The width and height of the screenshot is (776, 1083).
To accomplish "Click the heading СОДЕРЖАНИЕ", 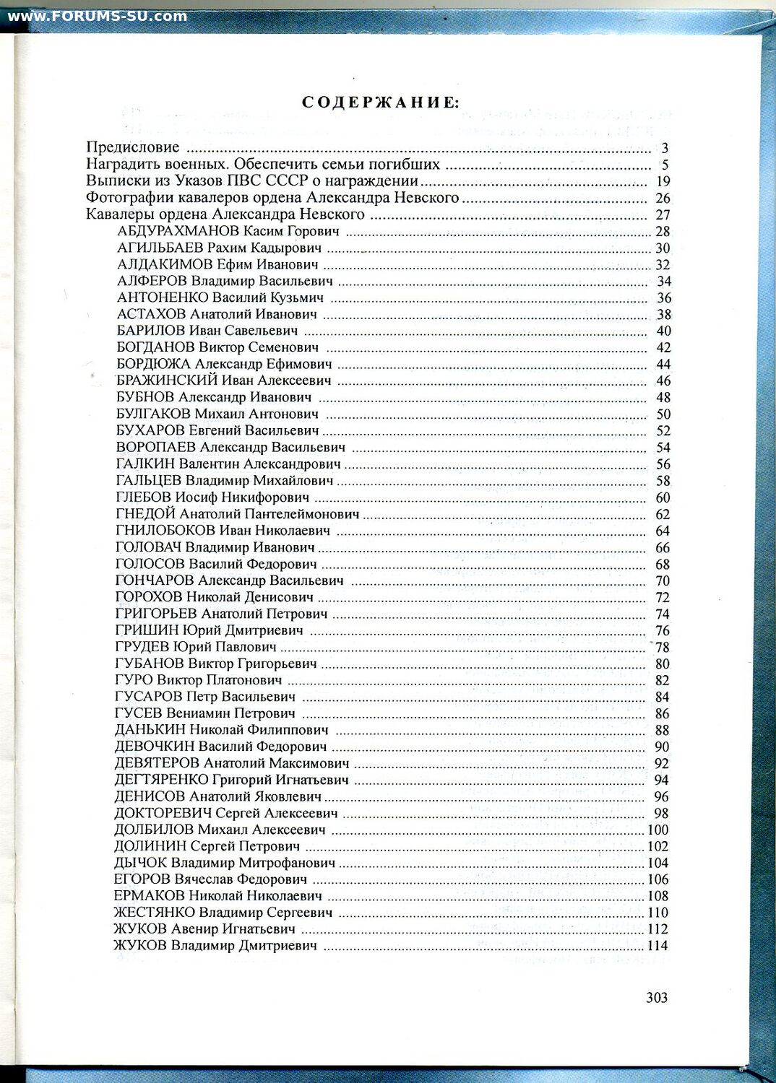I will pyautogui.click(x=380, y=103).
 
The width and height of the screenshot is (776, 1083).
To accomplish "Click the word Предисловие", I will pyautogui.click(x=133, y=148).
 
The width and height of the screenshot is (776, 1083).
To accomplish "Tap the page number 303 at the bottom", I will pyautogui.click(x=657, y=998).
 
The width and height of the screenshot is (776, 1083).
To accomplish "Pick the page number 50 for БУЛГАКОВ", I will pyautogui.click(x=663, y=414).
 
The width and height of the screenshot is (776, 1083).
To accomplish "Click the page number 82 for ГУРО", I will pyautogui.click(x=663, y=681).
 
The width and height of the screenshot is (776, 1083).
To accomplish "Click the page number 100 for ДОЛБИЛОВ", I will pyautogui.click(x=658, y=830).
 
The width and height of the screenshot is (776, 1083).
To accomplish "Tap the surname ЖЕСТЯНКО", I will pyautogui.click(x=154, y=913).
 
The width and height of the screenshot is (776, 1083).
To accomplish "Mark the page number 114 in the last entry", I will pyautogui.click(x=658, y=947).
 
